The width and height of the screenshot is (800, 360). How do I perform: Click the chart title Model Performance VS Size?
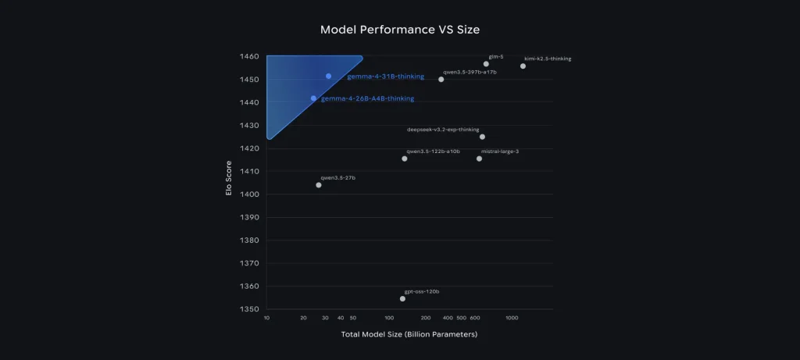click(399, 30)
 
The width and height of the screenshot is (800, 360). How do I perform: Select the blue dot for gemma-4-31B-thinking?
click(329, 76)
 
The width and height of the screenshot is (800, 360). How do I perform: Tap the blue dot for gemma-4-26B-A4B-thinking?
click(314, 98)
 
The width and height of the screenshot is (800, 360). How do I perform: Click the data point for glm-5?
click(486, 64)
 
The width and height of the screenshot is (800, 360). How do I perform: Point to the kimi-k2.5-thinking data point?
click(523, 66)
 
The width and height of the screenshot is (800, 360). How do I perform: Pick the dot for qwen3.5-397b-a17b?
click(441, 79)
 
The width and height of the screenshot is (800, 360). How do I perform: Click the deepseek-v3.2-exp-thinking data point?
click(482, 137)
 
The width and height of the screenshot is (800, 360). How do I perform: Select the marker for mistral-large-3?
click(479, 159)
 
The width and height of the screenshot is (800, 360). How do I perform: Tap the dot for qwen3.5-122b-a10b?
click(405, 159)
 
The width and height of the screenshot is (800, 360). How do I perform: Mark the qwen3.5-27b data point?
click(319, 185)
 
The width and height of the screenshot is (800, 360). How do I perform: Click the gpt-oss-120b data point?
click(402, 298)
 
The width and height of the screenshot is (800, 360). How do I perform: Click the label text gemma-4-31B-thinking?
click(385, 77)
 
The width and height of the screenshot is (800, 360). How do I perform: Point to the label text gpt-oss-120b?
click(422, 291)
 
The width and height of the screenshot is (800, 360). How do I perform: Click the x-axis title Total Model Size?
click(409, 334)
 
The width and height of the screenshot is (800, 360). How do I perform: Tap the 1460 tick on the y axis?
click(249, 57)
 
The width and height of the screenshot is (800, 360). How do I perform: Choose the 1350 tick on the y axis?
click(249, 309)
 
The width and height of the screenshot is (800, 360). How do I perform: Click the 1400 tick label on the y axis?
click(249, 194)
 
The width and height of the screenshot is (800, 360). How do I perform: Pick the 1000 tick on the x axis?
click(512, 319)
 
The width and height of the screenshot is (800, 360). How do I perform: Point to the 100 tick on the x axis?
click(390, 319)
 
